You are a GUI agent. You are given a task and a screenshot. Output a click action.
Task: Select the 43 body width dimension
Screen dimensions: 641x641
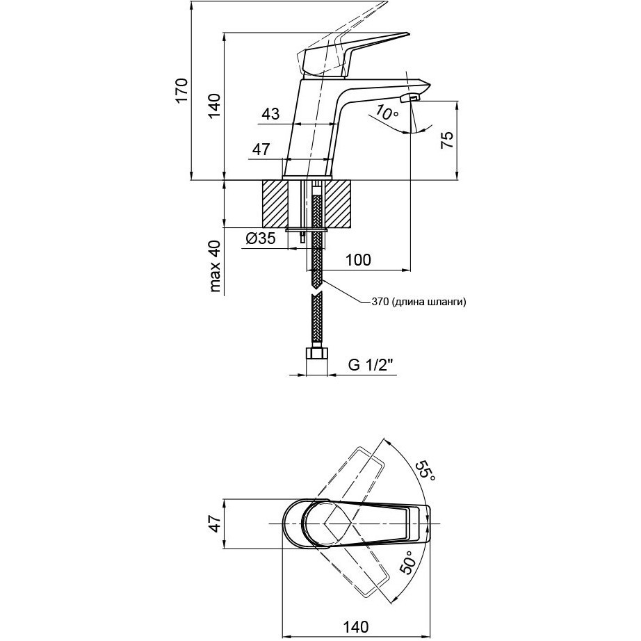tap(270, 114)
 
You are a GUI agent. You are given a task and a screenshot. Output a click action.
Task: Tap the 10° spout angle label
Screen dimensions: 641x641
tap(387, 112)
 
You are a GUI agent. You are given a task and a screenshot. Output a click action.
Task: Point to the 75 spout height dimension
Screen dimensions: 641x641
tap(447, 140)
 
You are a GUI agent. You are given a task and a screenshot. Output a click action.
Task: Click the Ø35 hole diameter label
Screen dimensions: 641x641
tap(261, 238)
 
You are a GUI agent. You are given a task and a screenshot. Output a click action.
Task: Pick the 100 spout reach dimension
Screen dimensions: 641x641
tap(358, 259)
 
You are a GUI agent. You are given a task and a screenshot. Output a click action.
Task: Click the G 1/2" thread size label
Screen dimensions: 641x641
tap(373, 364)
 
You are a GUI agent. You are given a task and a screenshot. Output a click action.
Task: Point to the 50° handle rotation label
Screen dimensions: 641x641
tap(407, 562)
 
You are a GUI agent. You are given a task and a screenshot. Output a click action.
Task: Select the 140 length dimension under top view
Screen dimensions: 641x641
tap(356, 626)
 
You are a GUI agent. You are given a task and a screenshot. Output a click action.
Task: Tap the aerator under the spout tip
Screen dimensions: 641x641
tap(410, 98)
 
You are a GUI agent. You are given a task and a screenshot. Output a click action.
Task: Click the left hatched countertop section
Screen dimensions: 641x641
tap(275, 204)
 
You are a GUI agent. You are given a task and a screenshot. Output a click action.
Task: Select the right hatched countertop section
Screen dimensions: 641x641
tap(338, 204)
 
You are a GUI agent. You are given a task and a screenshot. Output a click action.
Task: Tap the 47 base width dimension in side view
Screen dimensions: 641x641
tap(261, 149)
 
